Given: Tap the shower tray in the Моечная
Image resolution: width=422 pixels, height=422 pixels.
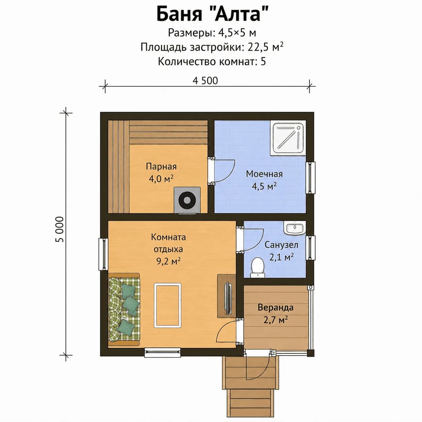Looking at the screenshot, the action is [x=288, y=138].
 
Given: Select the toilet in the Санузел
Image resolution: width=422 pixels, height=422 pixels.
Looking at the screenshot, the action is [x=257, y=268].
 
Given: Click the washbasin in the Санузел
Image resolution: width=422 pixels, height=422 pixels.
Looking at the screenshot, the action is [x=295, y=227].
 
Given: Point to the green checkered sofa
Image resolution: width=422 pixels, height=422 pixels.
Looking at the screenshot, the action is [x=124, y=309].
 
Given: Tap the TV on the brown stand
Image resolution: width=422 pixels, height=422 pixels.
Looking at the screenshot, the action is [x=228, y=298].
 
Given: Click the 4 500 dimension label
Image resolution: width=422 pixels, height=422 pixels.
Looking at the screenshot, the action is [x=205, y=80].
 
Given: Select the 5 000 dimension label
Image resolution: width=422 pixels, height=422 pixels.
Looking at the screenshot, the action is [x=60, y=229].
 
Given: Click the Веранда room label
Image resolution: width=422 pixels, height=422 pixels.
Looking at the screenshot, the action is [x=276, y=307].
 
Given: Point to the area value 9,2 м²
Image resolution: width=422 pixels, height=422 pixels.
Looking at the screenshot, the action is [x=168, y=261].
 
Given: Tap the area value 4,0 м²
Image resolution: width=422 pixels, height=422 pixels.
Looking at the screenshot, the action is [x=161, y=179].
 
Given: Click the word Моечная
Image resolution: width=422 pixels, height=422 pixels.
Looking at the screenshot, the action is [x=264, y=174].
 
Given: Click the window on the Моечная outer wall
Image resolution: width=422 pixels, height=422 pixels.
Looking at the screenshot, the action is [x=310, y=178].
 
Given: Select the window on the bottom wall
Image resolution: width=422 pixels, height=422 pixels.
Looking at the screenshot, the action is [x=163, y=352].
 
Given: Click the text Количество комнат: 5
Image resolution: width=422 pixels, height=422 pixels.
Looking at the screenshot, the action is [x=212, y=62].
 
